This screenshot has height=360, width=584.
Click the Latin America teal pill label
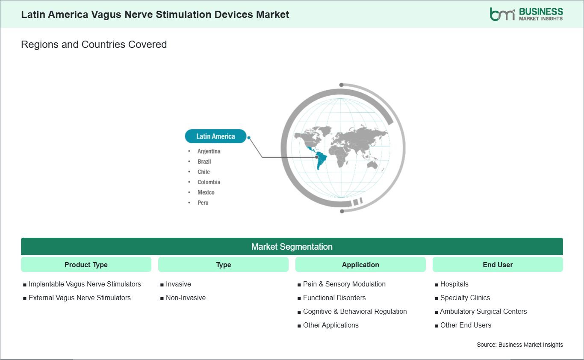point(215,136)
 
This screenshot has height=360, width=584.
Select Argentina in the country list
point(209,151)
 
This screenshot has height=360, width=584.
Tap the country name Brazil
point(204,162)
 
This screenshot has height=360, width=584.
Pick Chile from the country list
point(204,172)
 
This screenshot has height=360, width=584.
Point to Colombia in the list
point(209,182)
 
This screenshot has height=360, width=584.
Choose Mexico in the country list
point(206,192)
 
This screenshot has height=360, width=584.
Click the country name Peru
point(203,203)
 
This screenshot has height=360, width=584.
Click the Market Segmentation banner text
point(292,247)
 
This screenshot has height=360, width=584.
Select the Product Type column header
point(86,265)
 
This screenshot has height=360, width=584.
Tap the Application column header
point(360,265)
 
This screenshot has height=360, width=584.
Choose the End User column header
point(498,265)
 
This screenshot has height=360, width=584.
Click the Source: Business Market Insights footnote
point(520,345)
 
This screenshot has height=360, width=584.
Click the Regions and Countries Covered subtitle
point(94,44)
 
